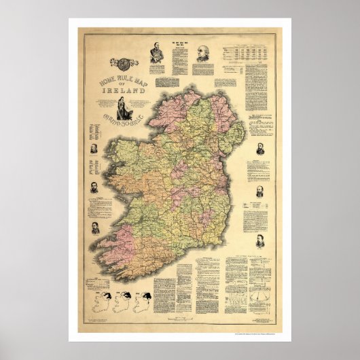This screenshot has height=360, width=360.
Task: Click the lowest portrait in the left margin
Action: point(96,227)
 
